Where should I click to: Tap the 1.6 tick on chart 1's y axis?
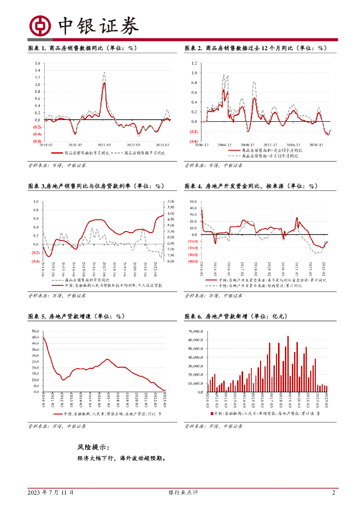(x=38, y=64)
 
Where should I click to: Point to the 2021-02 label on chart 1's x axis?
(x=104, y=145)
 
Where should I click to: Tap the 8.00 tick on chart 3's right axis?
(x=170, y=261)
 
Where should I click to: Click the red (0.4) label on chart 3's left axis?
(x=35, y=261)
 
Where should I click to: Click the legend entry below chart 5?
(x=106, y=414)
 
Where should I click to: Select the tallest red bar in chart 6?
(x=287, y=337)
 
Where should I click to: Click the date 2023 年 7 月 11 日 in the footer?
(x=51, y=493)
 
